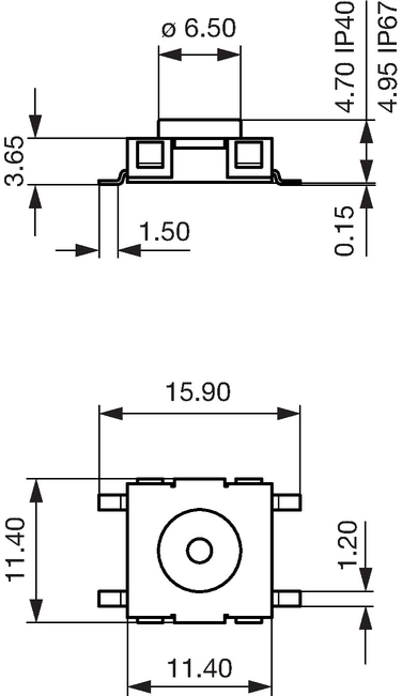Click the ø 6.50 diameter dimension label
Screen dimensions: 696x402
199,29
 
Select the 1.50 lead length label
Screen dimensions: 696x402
164,232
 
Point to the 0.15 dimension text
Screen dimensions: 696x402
345,230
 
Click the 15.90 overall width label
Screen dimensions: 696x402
198,392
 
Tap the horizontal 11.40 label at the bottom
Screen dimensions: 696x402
199,668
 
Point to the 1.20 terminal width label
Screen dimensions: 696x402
349,545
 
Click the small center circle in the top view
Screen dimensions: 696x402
199,550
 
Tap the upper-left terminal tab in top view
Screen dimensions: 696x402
112,503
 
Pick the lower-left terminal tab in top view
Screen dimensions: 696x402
112,598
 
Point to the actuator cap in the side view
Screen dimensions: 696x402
199,128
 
